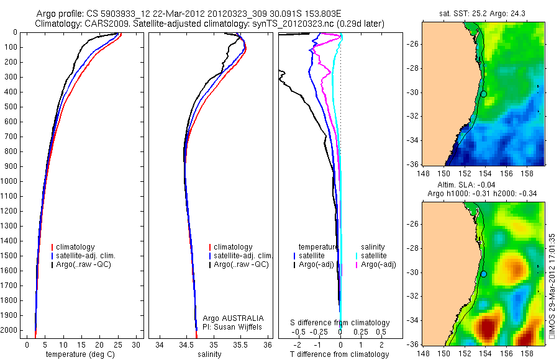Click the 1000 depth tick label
point(11,181)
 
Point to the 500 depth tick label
point(12,107)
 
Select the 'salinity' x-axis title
point(209,354)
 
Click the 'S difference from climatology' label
point(340,323)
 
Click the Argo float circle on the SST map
point(484,94)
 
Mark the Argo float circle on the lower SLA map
point(484,274)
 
